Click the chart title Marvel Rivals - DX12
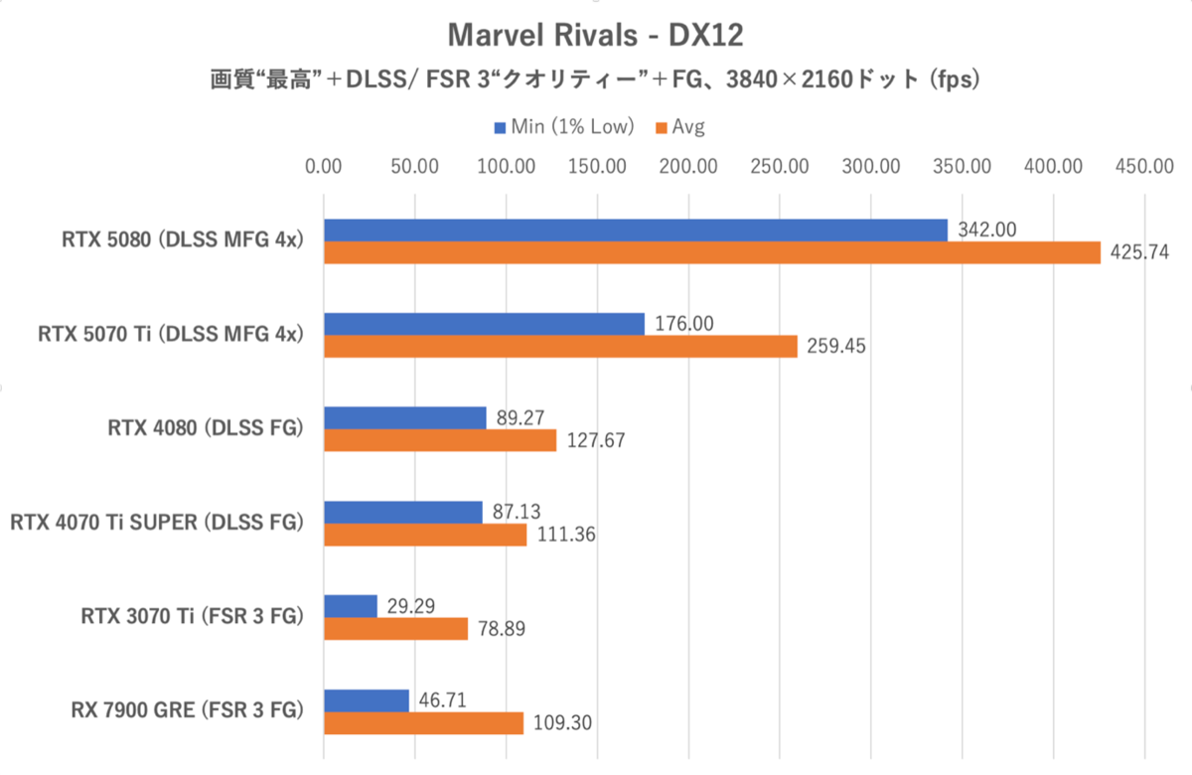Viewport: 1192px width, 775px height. point(595,36)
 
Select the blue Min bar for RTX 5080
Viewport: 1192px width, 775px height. point(636,230)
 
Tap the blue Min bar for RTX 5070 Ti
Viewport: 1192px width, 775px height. point(484,324)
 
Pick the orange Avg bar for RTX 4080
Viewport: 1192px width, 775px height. point(440,440)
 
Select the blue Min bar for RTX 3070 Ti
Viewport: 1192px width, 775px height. point(351,606)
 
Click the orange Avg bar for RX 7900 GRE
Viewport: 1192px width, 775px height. point(424,723)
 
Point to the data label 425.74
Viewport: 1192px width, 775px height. point(1141,253)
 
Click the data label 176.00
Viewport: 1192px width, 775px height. point(684,323)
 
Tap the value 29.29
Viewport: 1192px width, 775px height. point(410,605)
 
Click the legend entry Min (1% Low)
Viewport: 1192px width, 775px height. point(564,126)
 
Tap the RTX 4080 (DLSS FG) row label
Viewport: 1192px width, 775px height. point(205,428)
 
